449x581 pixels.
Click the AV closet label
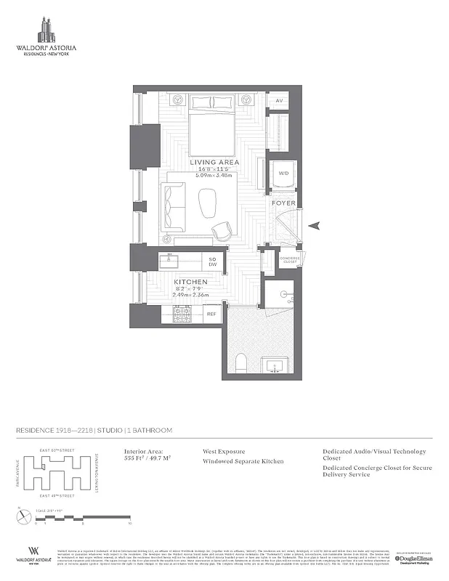click(x=278, y=101)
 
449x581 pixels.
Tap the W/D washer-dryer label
click(x=283, y=174)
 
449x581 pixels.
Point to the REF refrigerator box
click(x=212, y=314)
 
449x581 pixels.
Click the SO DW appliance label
click(x=213, y=261)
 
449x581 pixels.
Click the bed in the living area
click(x=213, y=130)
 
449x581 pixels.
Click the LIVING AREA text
click(x=215, y=163)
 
